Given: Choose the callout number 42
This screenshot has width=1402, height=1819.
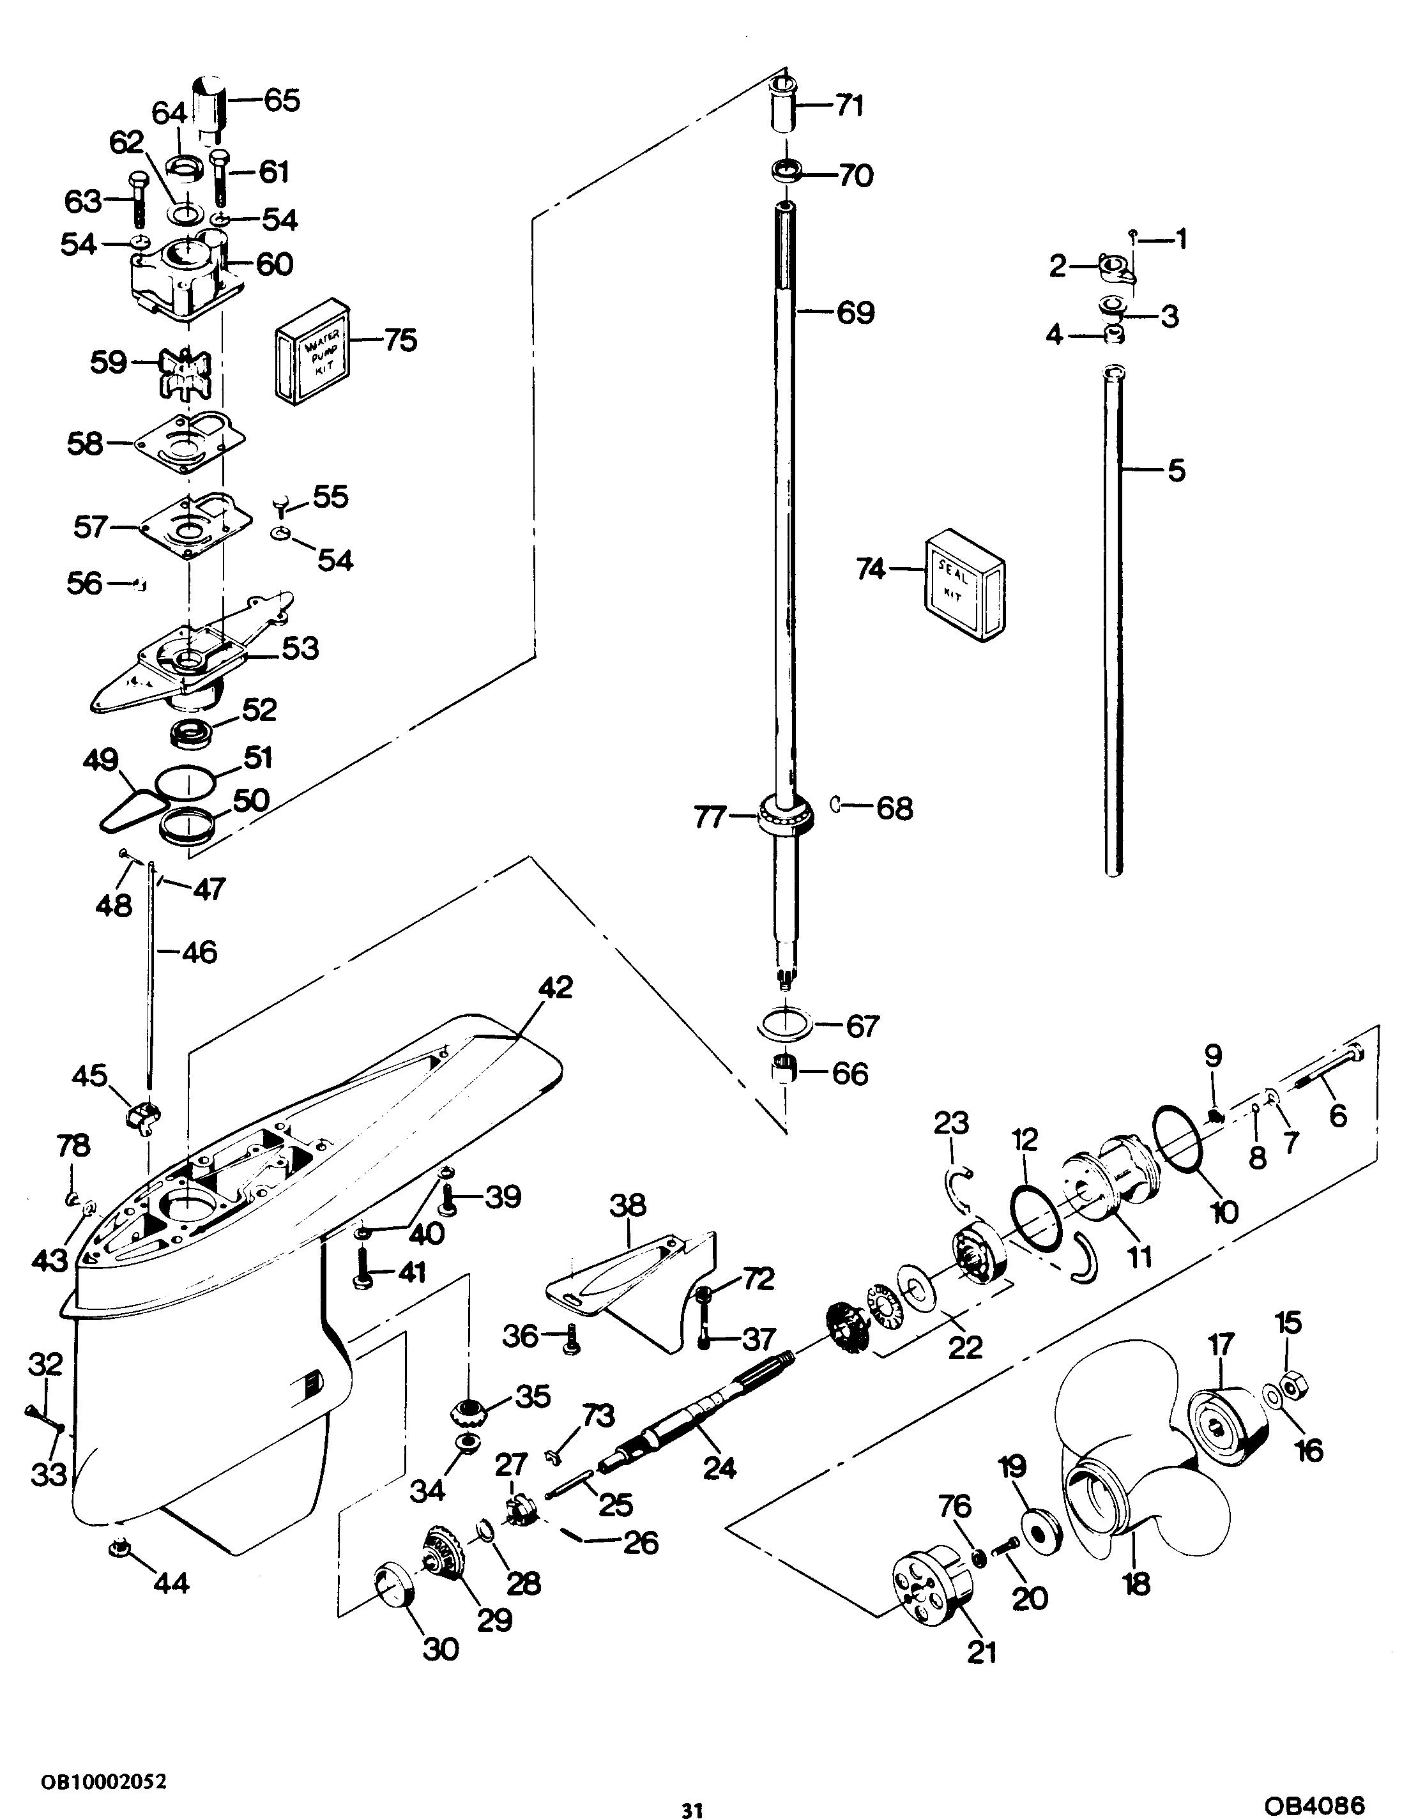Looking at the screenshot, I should point(556,988).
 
